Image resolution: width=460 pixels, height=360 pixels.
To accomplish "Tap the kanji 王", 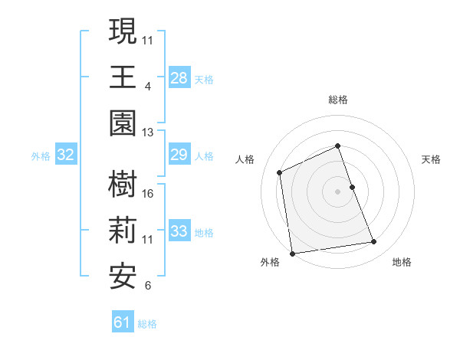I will point(123,77).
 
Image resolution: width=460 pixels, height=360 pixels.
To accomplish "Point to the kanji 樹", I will point(123,185).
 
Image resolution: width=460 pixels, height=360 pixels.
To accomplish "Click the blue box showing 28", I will point(179,78).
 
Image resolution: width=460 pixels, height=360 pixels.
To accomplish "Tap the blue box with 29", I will point(179,155).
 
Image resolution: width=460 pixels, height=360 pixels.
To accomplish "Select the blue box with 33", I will point(179,231).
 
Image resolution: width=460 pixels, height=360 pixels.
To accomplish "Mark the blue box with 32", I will point(66,155).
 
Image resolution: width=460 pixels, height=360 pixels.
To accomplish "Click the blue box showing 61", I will point(123,322).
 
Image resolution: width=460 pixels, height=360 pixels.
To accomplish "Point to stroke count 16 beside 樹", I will point(148,193).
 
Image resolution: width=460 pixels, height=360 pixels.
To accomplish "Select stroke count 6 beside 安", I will point(147,286).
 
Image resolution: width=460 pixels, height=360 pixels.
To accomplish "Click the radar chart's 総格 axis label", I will point(337,100).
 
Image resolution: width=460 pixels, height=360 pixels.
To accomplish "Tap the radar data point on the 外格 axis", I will point(292,254).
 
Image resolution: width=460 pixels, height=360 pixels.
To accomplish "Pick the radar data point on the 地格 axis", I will point(374,242).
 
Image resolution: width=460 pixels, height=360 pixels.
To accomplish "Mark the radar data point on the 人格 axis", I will point(280,172).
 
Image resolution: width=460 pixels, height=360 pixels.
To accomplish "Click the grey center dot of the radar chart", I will point(337,191).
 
